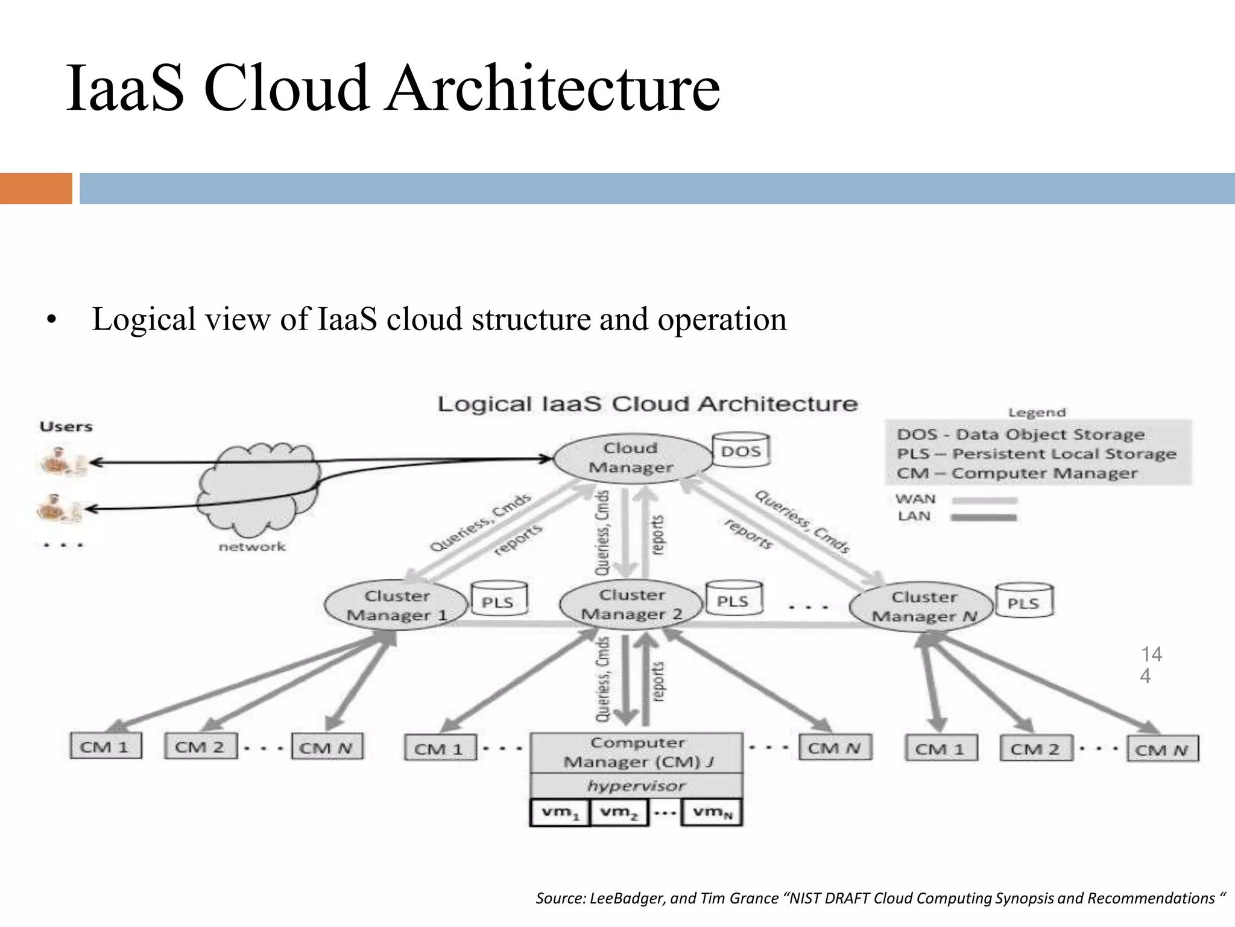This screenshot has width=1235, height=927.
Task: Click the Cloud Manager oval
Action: click(x=631, y=458)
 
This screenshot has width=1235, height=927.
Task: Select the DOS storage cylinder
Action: click(x=741, y=451)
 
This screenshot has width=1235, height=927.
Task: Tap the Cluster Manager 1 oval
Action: click(x=396, y=605)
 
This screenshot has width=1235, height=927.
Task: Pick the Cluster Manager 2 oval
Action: click(x=631, y=604)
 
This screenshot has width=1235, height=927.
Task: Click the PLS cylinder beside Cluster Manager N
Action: click(x=1023, y=602)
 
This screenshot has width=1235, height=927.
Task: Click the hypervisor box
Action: click(x=636, y=786)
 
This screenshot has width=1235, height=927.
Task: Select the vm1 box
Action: click(x=560, y=812)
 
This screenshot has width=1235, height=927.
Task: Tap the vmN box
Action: click(x=712, y=812)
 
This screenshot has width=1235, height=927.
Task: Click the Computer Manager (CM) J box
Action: click(x=636, y=753)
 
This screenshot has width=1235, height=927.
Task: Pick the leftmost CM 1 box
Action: click(x=106, y=747)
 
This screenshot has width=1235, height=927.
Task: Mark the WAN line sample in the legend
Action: click(x=984, y=500)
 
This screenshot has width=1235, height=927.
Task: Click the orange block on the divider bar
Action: click(x=36, y=188)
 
